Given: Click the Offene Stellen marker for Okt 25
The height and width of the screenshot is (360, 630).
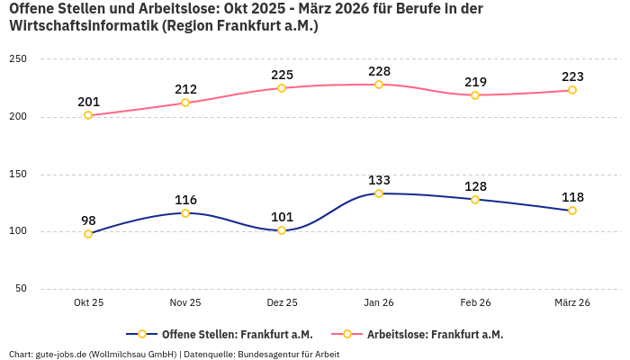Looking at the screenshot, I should (x=88, y=234).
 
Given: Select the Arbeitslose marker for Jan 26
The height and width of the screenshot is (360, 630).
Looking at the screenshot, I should (x=379, y=85).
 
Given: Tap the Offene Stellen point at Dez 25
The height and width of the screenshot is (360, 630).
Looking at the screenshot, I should (x=282, y=230).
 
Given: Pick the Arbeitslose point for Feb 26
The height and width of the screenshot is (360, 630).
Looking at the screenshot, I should (x=475, y=95).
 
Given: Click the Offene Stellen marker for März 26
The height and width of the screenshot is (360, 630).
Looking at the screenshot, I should (x=572, y=211).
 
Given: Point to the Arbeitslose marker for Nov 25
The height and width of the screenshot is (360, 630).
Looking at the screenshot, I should (x=185, y=103).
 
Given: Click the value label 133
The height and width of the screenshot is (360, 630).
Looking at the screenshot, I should (x=379, y=180).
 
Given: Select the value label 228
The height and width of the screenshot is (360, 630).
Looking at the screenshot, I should (x=379, y=71).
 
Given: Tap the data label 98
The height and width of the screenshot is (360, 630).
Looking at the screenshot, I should (x=88, y=220).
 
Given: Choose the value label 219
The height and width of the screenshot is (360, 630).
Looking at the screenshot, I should (x=475, y=82).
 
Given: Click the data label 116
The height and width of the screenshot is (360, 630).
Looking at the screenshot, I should (x=185, y=200).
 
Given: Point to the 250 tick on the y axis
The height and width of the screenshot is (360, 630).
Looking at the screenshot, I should (x=18, y=59).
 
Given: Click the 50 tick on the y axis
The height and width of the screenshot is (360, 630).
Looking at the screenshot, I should (x=21, y=289).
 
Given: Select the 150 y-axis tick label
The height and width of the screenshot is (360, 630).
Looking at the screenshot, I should (x=18, y=175).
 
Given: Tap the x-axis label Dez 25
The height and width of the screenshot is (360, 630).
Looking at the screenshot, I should (x=282, y=303).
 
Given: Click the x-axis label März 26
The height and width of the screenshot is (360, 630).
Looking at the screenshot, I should (x=572, y=303).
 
